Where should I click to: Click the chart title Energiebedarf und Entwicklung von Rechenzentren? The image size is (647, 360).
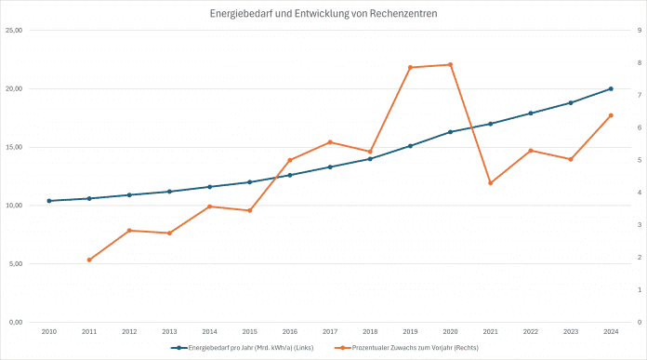click(x=323, y=13)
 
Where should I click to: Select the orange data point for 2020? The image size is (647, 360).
click(x=450, y=65)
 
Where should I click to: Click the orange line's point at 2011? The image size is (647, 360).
click(x=89, y=260)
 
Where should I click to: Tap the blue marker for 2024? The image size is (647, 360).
click(x=611, y=88)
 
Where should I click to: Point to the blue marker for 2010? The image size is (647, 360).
click(x=49, y=201)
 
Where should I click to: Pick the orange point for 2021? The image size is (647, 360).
click(x=490, y=182)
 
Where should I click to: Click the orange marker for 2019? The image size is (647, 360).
click(x=410, y=67)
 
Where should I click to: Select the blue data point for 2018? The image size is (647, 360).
click(x=370, y=159)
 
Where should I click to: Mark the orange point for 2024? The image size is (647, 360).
click(x=611, y=115)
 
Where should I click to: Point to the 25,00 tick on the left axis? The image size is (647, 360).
click(x=14, y=31)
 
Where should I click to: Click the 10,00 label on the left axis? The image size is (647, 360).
click(x=14, y=206)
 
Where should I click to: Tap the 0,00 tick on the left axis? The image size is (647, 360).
click(x=16, y=322)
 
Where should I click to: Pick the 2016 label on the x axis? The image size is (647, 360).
click(x=290, y=331)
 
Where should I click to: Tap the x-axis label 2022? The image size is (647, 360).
click(x=530, y=331)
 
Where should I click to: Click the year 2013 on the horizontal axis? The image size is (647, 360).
click(x=169, y=331)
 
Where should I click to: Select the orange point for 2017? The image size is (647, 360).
click(x=330, y=142)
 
